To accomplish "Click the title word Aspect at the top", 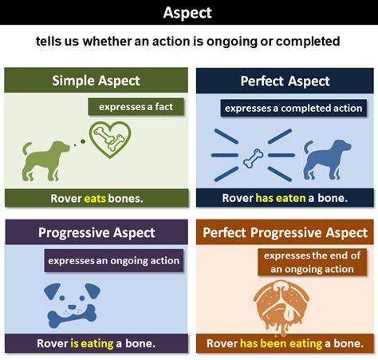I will pyautogui.click(x=188, y=12).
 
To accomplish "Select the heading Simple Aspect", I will pyautogui.click(x=96, y=80).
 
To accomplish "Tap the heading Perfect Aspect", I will pyautogui.click(x=285, y=81).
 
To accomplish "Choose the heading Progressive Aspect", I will pyautogui.click(x=96, y=233).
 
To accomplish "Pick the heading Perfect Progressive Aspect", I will pyautogui.click(x=285, y=233).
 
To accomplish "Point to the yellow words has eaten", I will pyautogui.click(x=281, y=198).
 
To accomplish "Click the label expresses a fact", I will pyautogui.click(x=130, y=107).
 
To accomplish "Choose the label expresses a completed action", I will pyautogui.click(x=293, y=108).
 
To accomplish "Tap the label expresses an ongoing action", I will pyautogui.click(x=113, y=260).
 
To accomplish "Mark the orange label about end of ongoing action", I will pyautogui.click(x=310, y=262).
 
